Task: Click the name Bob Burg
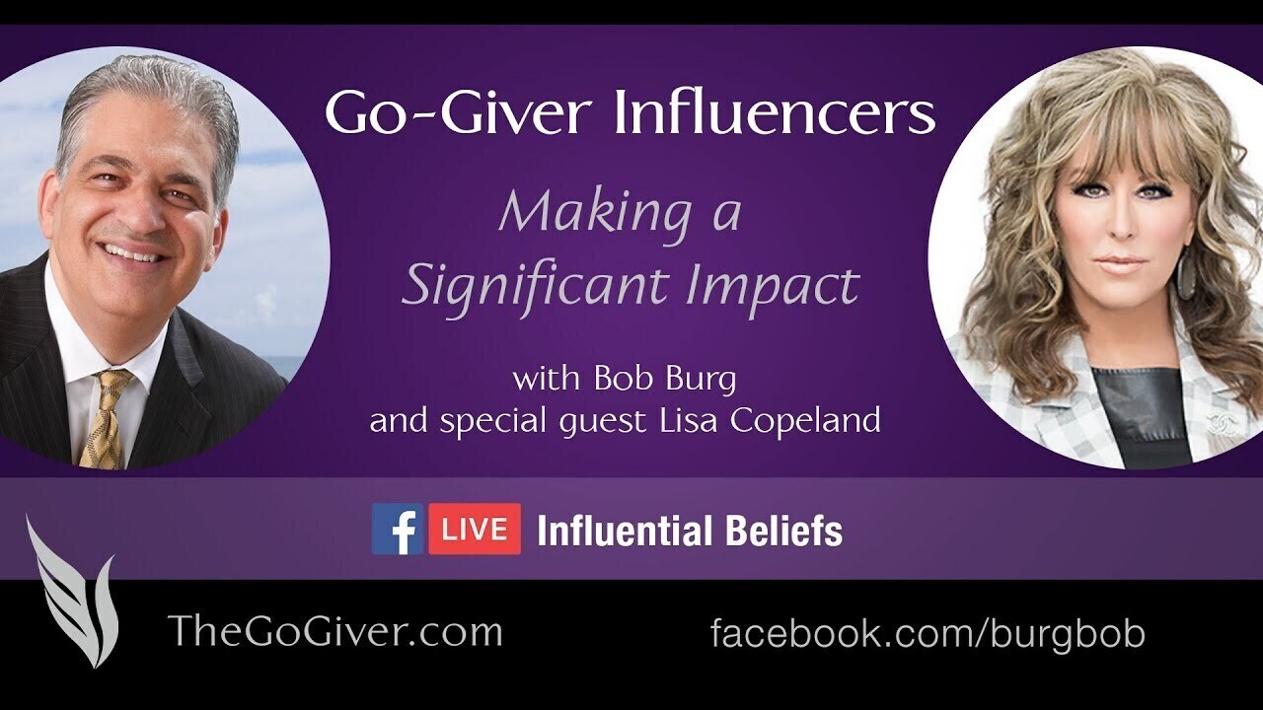click(665, 380)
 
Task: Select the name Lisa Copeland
click(770, 420)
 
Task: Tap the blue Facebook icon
click(398, 530)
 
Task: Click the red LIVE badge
click(475, 530)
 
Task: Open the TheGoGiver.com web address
click(334, 631)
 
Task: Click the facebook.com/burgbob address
click(928, 633)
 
